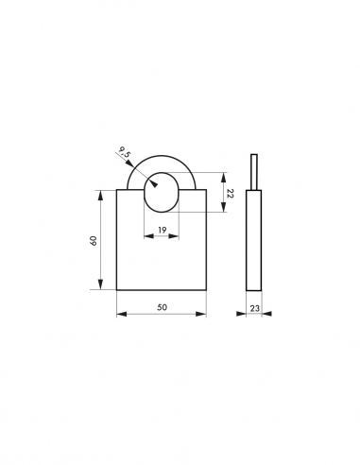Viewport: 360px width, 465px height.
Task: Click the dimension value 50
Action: [162, 307]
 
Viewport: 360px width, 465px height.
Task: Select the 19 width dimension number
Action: [162, 231]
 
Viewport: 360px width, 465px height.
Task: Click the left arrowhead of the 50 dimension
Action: [118, 314]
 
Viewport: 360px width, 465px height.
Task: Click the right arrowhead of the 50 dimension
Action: [204, 314]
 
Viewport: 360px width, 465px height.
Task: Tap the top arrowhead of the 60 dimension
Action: [101, 192]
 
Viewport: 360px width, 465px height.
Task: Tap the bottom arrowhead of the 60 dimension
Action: [101, 288]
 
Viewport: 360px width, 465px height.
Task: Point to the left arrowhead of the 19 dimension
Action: [146, 237]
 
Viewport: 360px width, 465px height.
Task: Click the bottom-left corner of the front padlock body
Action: [116, 291]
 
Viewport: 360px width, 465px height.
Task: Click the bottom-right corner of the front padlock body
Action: [206, 291]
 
